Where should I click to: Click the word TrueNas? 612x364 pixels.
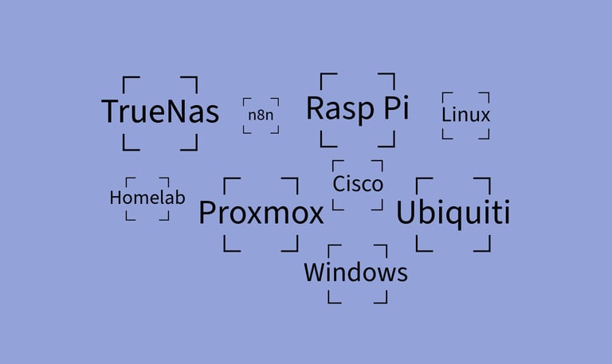(x=160, y=112)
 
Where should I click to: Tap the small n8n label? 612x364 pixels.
(x=261, y=115)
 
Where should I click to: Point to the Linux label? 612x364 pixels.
(x=466, y=115)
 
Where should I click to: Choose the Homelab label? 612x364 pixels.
(x=147, y=198)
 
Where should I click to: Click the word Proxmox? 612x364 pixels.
(x=261, y=213)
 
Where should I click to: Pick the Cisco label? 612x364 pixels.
(x=358, y=185)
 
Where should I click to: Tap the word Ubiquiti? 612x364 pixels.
(x=453, y=213)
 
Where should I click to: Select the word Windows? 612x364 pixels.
(x=355, y=273)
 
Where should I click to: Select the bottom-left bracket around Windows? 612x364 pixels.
(x=332, y=299)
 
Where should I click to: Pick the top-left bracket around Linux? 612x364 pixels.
(x=445, y=96)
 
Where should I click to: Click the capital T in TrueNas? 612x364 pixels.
(x=111, y=112)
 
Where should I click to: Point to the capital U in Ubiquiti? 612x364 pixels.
(x=406, y=213)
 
